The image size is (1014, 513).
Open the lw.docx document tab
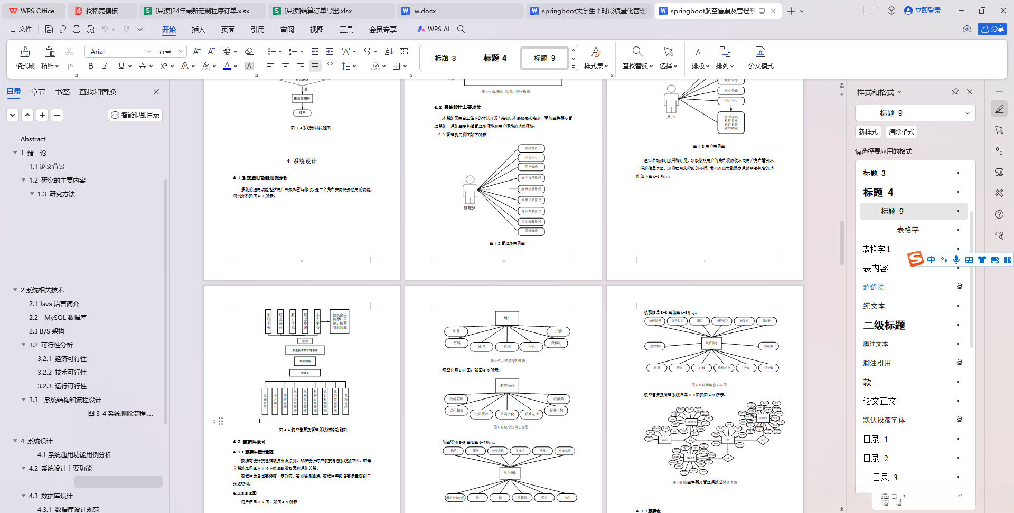coord(424,11)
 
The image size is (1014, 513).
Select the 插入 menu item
coord(198,30)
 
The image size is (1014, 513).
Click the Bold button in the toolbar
coord(91,66)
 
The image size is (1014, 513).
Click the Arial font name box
coord(116,51)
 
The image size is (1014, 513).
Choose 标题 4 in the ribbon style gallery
coord(495,58)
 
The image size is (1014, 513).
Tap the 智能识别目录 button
coord(135,115)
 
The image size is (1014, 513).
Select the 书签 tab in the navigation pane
coord(62,92)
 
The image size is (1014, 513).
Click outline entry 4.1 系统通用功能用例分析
coord(74,455)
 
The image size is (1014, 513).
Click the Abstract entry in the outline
coord(33,139)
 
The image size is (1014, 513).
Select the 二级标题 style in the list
coord(884,325)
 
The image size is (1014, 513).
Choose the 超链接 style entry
coord(873,287)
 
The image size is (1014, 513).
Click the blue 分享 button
coord(992,29)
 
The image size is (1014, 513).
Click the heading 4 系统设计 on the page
coord(302,161)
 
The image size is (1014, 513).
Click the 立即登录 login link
coord(923,11)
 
